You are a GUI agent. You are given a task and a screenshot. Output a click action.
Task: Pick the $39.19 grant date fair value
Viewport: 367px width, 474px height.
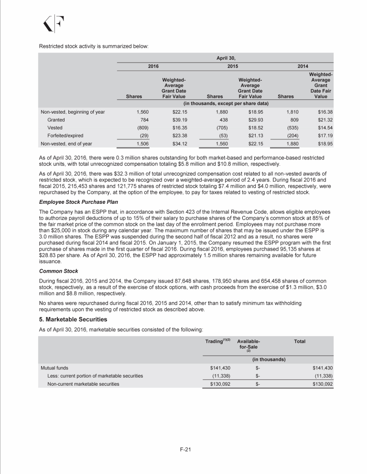click(176, 119)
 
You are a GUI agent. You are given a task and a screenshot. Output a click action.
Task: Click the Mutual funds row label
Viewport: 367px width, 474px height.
click(54, 368)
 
